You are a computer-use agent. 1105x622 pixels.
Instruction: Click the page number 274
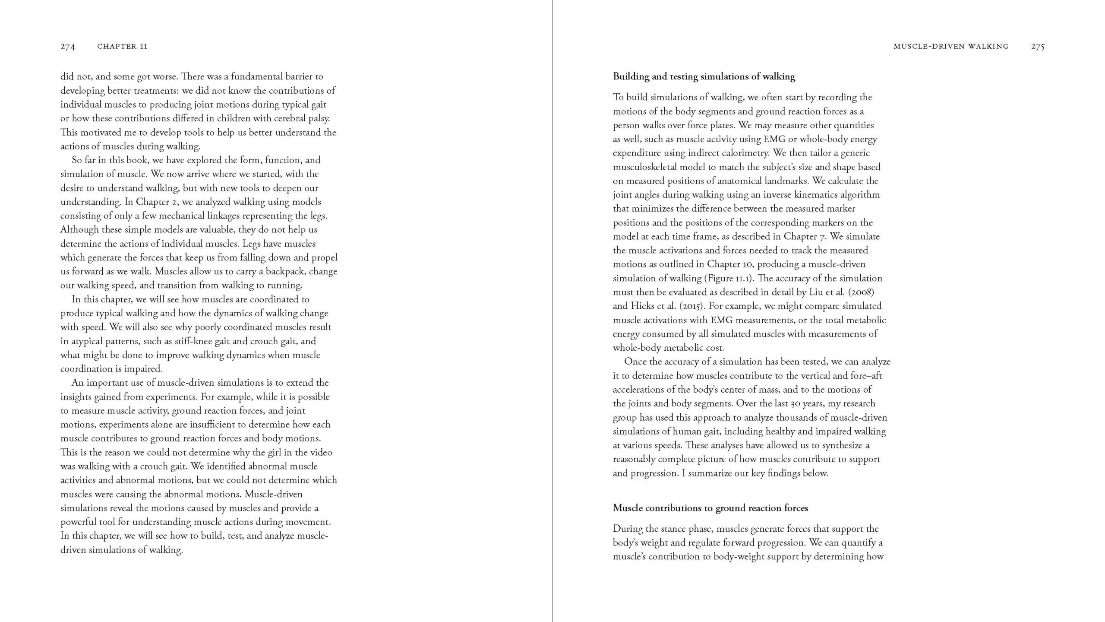[68, 47]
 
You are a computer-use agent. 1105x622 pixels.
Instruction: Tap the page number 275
[1038, 47]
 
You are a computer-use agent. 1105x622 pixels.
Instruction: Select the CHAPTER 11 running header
[123, 47]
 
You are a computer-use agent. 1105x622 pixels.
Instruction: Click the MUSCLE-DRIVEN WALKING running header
[951, 47]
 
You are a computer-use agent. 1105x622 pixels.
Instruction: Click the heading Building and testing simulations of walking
[704, 77]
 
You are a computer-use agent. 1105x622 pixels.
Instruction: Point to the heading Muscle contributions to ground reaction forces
[710, 508]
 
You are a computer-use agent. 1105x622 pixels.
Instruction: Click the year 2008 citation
[861, 292]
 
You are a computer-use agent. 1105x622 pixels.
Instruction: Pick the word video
[320, 453]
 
